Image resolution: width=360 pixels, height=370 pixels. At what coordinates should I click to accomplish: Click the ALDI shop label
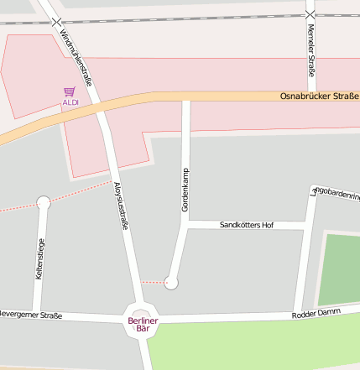(x=70, y=102)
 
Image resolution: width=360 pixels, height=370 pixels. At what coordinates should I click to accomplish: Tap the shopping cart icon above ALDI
(x=69, y=91)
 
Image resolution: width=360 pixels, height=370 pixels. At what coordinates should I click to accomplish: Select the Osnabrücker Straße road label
(x=318, y=96)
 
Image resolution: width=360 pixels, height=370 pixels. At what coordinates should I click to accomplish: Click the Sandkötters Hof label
(x=246, y=226)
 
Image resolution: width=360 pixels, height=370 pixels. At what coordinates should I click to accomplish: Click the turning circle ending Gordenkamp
(x=171, y=283)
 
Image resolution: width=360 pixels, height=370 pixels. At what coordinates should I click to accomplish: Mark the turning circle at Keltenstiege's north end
(x=44, y=202)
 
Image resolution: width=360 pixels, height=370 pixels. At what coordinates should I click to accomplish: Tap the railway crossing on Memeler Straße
(x=310, y=15)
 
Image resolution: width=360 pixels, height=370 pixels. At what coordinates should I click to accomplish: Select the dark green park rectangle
(x=339, y=268)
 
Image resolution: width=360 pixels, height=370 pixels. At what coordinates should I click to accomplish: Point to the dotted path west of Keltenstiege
(x=17, y=207)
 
